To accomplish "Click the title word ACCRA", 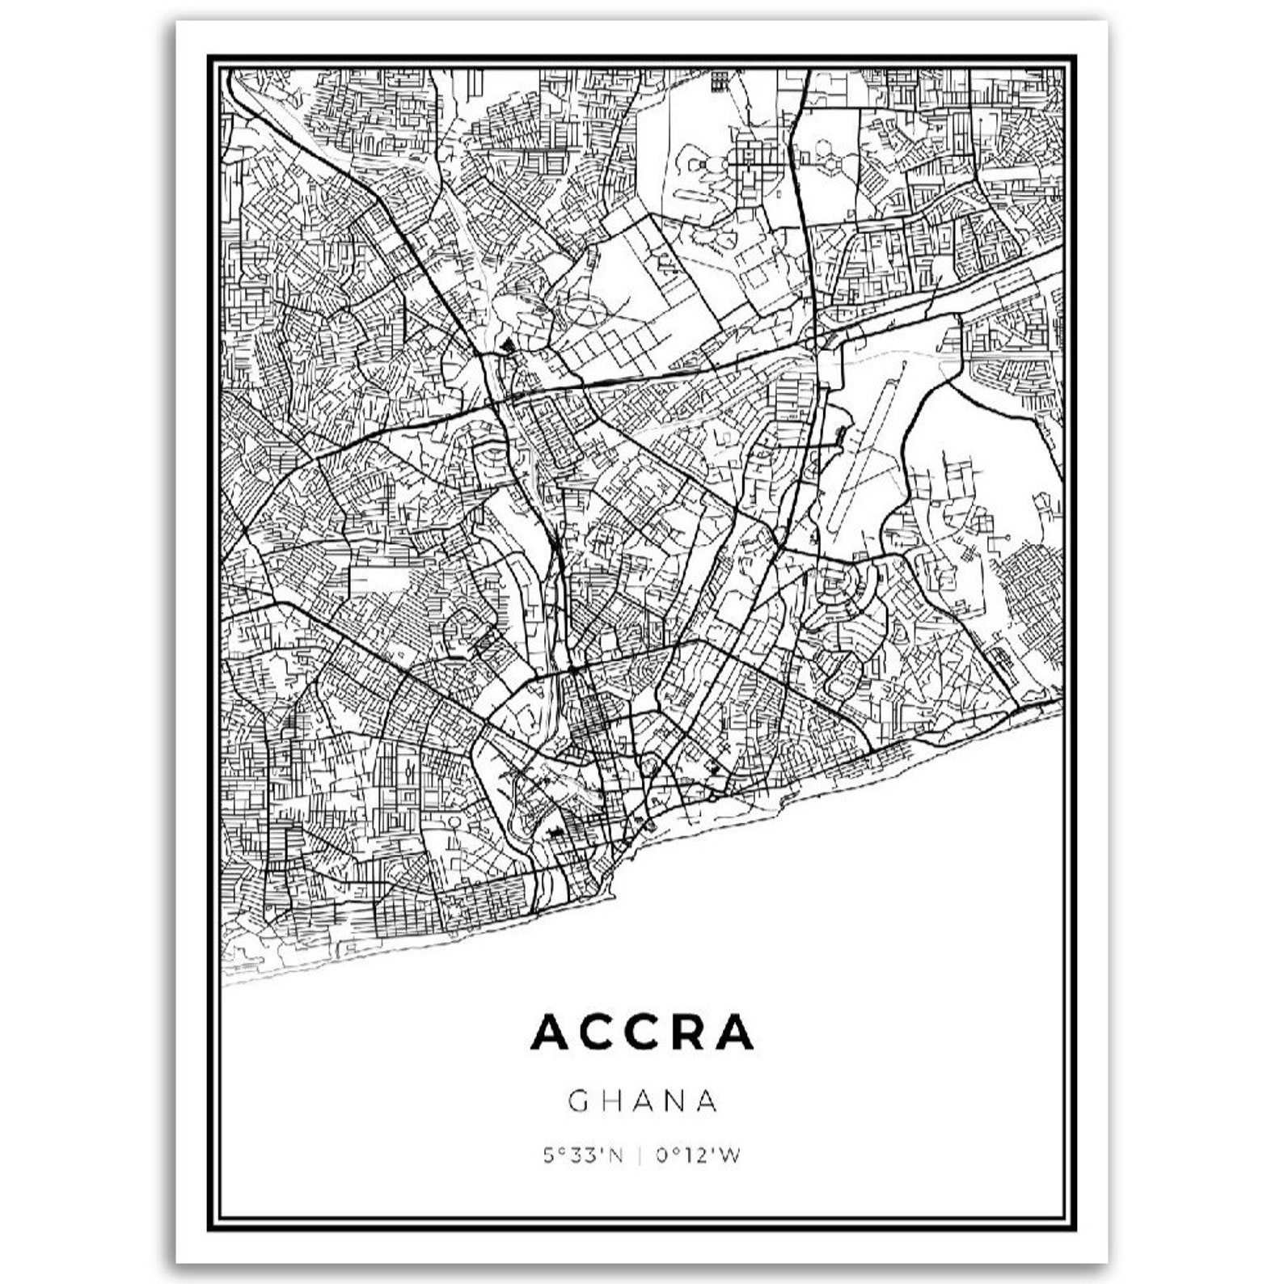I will (642, 1033).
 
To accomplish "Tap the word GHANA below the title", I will (643, 1101).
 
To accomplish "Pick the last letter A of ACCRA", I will (734, 1033).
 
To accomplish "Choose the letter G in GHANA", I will (578, 1101).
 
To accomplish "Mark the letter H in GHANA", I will (610, 1101).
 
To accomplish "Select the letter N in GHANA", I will (674, 1101).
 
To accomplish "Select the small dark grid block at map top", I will (720, 81).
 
